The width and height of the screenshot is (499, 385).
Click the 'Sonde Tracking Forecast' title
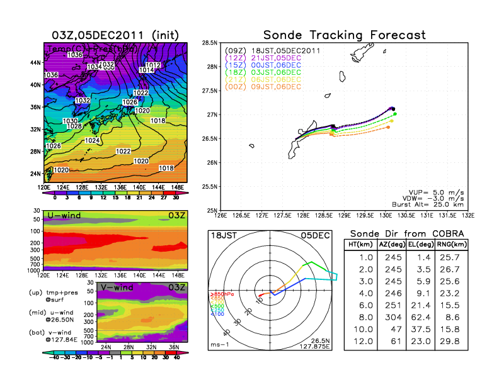coord(344,35)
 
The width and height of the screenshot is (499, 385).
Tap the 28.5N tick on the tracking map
coord(210,43)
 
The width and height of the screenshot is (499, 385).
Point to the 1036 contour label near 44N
coord(75,55)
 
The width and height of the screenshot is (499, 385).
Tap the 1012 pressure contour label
coord(153,65)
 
